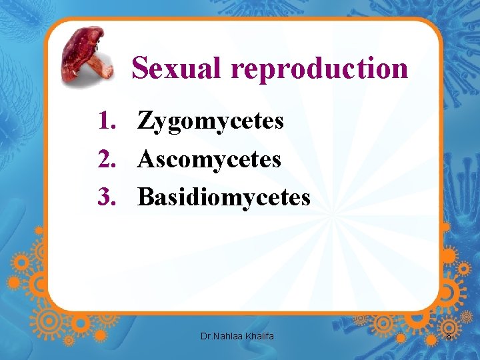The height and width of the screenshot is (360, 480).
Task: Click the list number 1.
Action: point(106,121)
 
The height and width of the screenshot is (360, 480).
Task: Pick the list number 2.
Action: point(106,159)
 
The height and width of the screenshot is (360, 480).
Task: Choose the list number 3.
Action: point(106,197)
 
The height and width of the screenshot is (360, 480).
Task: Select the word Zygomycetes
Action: point(211,122)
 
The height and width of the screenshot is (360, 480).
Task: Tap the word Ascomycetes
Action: point(209,160)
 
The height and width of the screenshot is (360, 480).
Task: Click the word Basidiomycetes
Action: point(224,198)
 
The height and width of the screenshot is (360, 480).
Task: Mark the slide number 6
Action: point(449,337)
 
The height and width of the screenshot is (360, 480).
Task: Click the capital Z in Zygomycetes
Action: point(145,121)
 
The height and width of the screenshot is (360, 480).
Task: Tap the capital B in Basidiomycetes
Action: point(145,197)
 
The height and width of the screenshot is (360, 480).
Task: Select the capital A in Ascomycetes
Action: point(146,159)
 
